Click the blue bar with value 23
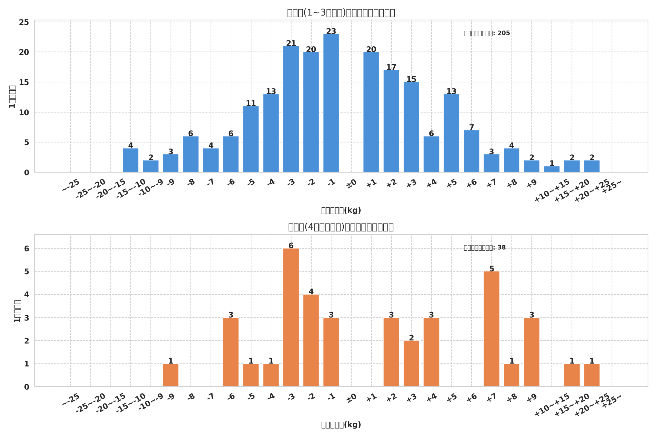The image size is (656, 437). (331, 103)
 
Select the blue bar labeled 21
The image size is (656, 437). (291, 109)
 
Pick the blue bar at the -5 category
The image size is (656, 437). (251, 139)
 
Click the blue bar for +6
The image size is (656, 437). (471, 151)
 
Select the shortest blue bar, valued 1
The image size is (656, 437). (552, 169)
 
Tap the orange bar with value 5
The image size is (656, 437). (491, 329)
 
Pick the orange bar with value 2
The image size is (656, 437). (411, 364)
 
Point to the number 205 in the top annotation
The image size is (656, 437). (504, 33)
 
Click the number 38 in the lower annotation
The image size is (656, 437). (501, 248)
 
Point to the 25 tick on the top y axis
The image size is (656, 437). (24, 22)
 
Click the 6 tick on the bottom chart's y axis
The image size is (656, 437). (26, 249)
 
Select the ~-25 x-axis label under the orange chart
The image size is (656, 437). (71, 400)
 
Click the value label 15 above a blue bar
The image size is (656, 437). (411, 79)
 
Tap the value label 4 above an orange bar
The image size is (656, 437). (311, 292)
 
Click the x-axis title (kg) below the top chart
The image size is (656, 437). (341, 210)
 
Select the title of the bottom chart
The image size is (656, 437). (341, 227)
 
